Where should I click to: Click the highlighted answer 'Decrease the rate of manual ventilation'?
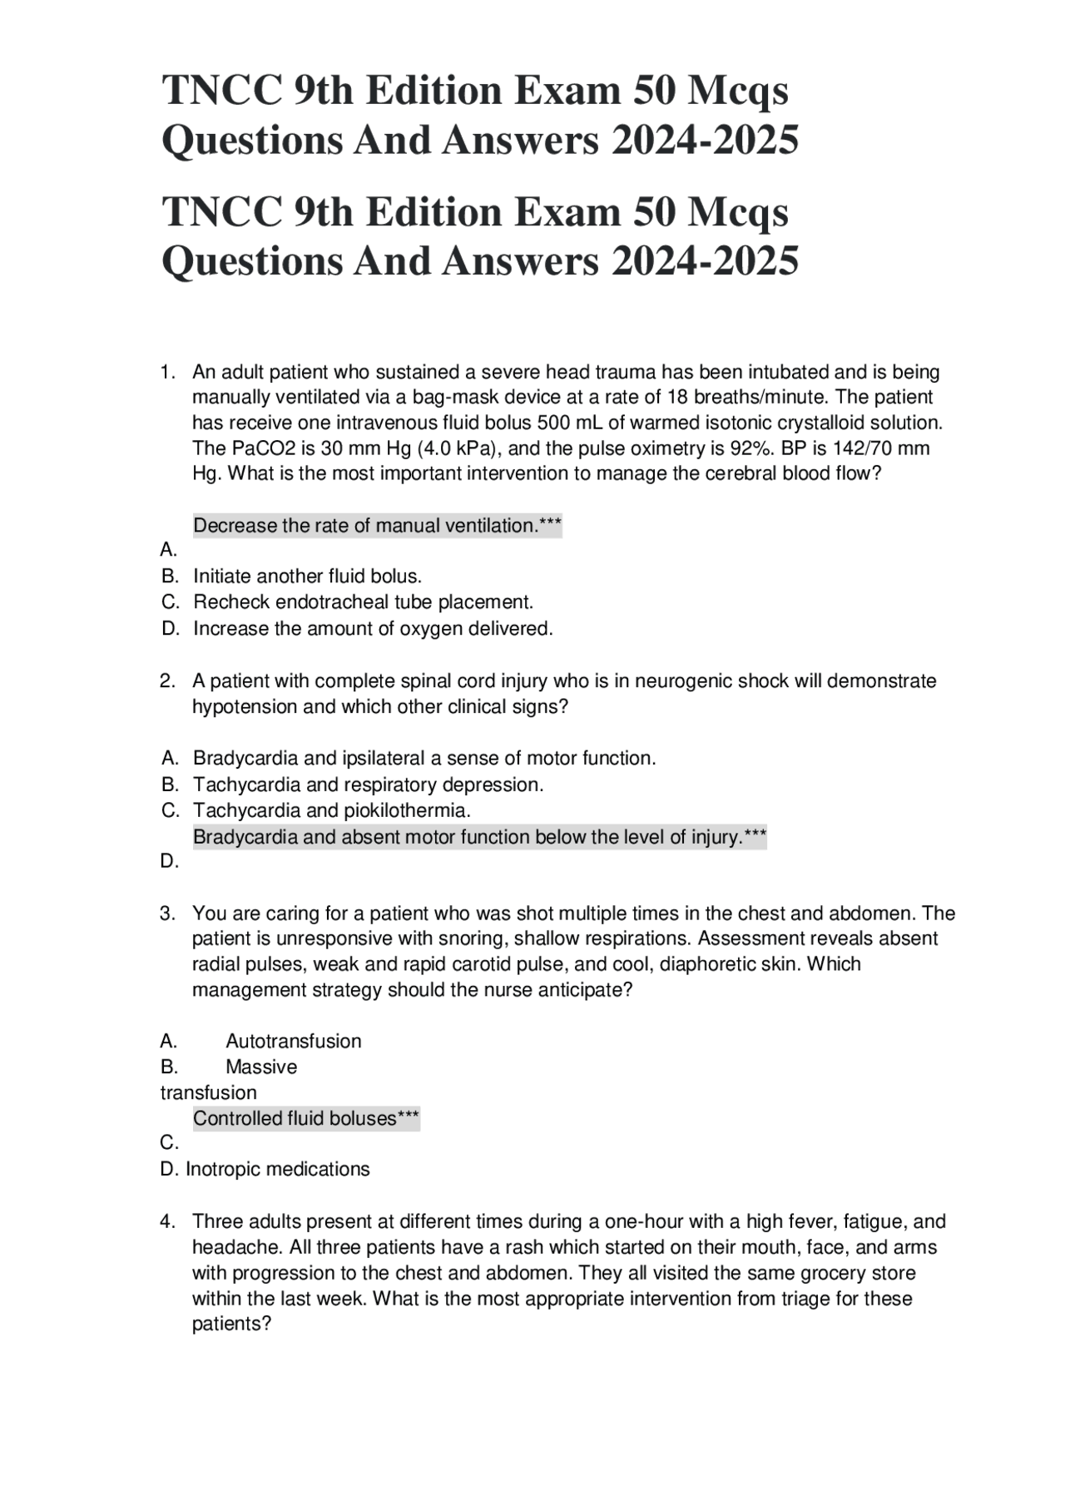coord(377,526)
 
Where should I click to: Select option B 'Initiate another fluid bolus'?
coord(307,576)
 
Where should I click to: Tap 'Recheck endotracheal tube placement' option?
coord(363,602)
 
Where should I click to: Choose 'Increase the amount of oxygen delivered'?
coord(373,628)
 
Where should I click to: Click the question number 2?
coord(167,681)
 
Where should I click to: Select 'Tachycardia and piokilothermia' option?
coord(331,809)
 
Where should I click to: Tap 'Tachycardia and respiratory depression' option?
coord(368,785)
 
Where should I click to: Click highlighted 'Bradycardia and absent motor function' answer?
coord(478,837)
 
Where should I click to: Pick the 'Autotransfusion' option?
coord(293,1041)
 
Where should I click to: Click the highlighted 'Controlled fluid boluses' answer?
coord(305,1118)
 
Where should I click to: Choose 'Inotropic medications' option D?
coord(277,1169)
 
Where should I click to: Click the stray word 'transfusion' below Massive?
coord(208,1092)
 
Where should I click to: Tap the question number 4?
coord(167,1221)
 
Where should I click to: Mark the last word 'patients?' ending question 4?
coord(231,1324)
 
